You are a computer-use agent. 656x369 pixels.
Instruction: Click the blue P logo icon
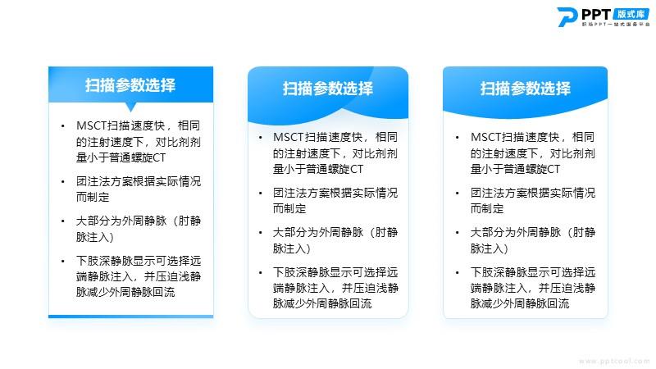tap(567, 16)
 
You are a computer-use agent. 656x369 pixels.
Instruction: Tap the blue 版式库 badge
tap(631, 14)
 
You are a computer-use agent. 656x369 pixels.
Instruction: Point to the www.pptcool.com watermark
tap(614, 361)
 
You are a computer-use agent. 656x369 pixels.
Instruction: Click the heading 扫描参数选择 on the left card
tap(130, 85)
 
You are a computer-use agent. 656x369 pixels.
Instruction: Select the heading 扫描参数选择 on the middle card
tap(327, 89)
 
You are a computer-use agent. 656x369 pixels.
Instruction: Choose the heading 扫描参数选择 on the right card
tap(525, 89)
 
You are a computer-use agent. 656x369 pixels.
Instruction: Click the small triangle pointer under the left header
tap(131, 107)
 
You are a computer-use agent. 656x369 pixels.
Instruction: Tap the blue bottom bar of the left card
tap(131, 317)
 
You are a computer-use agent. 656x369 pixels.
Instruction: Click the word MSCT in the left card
tap(92, 125)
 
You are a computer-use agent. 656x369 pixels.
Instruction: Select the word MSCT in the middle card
tap(289, 137)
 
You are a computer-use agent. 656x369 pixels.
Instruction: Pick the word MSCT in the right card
tap(486, 137)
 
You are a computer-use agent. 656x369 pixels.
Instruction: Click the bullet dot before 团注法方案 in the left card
tap(63, 181)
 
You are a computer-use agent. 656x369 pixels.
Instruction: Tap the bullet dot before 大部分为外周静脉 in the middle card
tap(260, 233)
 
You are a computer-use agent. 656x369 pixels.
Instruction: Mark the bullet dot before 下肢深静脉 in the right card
tap(458, 273)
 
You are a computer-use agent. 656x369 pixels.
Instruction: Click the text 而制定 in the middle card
tap(289, 208)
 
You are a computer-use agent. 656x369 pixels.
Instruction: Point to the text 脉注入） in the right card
tap(489, 248)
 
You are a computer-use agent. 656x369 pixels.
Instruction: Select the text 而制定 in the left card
tap(93, 197)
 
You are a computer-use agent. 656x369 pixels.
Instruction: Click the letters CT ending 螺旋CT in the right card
tap(554, 169)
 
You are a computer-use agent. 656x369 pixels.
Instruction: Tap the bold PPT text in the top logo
tap(596, 14)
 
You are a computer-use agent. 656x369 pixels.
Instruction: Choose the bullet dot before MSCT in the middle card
tap(260, 138)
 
